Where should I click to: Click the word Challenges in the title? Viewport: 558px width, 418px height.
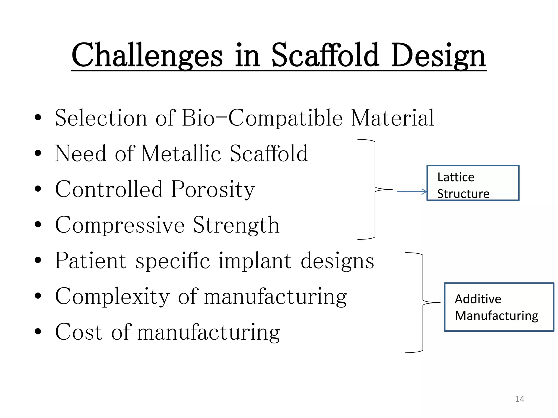click(x=147, y=56)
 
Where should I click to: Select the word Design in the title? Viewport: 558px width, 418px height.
click(x=438, y=56)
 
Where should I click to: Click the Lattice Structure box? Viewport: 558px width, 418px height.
click(x=473, y=183)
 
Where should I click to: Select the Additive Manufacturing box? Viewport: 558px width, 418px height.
click(x=499, y=307)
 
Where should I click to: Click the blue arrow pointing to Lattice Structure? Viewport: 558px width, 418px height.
click(x=411, y=192)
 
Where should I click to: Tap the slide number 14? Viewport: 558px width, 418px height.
click(x=520, y=399)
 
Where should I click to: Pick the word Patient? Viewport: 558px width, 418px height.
click(x=91, y=261)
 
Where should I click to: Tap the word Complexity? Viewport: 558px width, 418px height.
click(x=112, y=297)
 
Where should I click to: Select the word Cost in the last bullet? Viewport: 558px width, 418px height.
click(x=79, y=332)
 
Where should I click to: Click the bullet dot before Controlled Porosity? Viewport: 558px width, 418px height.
click(x=38, y=189)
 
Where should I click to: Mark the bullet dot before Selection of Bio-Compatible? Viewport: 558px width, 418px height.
click(x=38, y=117)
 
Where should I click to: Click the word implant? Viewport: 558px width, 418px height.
click(x=255, y=261)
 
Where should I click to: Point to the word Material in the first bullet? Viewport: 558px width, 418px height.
click(x=392, y=118)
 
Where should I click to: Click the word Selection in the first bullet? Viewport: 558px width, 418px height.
click(x=101, y=118)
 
